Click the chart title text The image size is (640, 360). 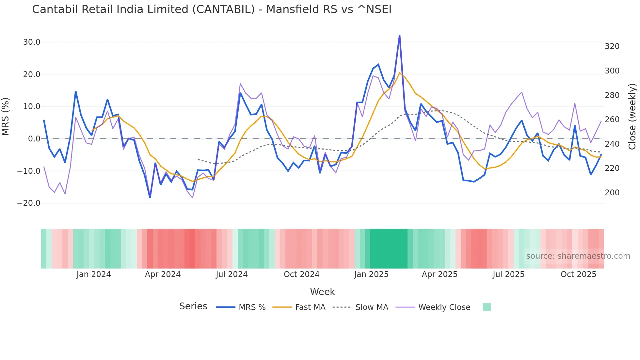coord(212,9)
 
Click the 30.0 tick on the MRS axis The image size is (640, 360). coord(32,42)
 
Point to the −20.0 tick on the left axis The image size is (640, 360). coord(29,203)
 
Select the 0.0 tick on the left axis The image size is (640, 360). coord(34,139)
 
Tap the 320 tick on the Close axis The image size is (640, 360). coord(612,46)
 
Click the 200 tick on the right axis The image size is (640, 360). coord(612,193)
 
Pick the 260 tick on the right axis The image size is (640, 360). coord(612,120)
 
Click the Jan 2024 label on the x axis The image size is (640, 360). coord(93,274)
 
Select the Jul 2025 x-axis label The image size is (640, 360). coord(508,274)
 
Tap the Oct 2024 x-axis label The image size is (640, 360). coord(301,274)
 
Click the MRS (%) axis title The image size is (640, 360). coord(5,117)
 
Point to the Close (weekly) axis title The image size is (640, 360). coord(632,117)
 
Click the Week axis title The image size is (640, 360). coord(322,292)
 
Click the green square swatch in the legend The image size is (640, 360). coord(487,307)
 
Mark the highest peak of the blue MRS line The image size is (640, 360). coord(399,36)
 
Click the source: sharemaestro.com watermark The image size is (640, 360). coord(578,256)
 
